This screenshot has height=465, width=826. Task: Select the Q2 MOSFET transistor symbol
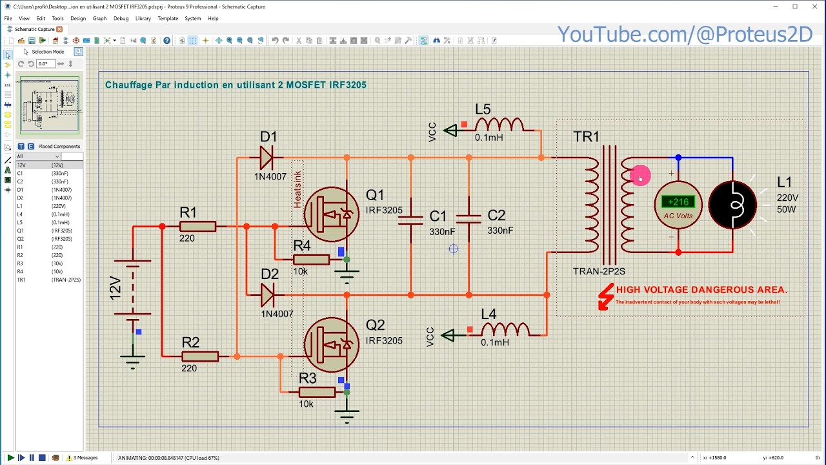tap(332, 344)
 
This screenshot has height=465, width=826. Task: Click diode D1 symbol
tap(267, 158)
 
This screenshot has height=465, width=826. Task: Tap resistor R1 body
tap(197, 226)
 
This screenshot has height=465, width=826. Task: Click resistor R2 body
tap(200, 356)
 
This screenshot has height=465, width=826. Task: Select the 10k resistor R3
tap(317, 391)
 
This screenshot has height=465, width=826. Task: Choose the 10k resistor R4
tap(311, 260)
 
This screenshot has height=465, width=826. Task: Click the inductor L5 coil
tap(499, 125)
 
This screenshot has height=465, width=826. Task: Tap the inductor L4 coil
tap(505, 330)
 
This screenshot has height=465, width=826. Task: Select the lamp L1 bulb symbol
tap(732, 205)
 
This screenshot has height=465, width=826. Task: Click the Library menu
tap(143, 18)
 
